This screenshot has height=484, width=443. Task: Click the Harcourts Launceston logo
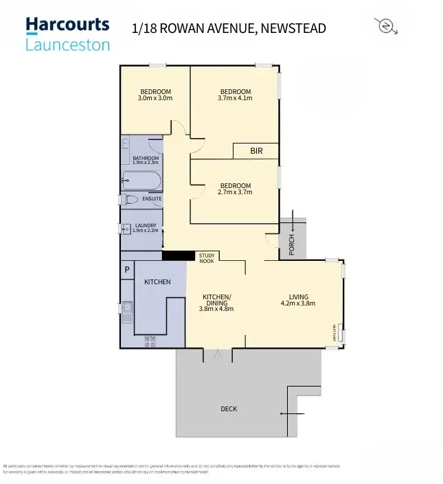pos(67,34)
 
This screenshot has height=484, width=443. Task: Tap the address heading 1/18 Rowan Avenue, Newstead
pos(229,28)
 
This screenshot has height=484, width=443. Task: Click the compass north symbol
pos(386,26)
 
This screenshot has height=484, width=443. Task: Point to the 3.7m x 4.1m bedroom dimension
pos(235,98)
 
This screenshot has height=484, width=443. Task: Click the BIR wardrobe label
pos(255,150)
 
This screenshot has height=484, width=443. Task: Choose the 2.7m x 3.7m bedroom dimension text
pos(235,192)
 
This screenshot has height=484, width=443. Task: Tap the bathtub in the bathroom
pos(141,181)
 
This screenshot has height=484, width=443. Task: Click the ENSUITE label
pos(152,199)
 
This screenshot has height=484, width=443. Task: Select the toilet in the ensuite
pos(128,200)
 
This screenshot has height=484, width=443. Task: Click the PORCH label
pos(291,246)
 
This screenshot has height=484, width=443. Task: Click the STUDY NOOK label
pos(207,258)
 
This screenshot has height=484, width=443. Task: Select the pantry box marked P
pos(127,270)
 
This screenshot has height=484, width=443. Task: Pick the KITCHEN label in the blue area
pos(157,282)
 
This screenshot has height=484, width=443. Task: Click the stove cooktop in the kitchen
pos(150,341)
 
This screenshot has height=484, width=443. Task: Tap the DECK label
pos(229,409)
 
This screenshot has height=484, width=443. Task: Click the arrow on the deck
pos(291,413)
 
